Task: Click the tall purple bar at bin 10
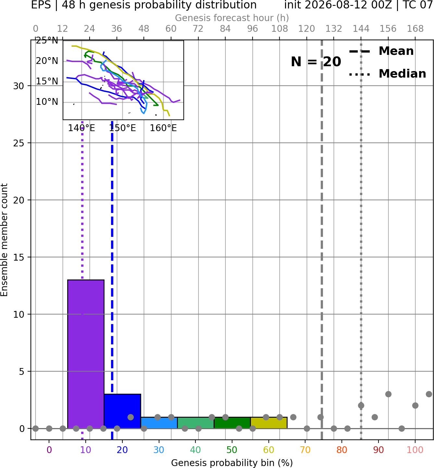point(86,354)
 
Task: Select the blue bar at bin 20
point(122,411)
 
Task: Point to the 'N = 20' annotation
point(316,62)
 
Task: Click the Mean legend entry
point(381,51)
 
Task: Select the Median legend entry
point(387,74)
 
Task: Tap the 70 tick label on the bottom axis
point(305,450)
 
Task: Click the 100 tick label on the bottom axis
point(415,450)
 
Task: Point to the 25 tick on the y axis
point(19,143)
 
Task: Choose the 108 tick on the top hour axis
point(279,29)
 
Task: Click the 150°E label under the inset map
point(122,128)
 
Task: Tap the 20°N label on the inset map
point(47,61)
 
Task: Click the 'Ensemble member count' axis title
point(4,240)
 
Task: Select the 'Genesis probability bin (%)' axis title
point(232,463)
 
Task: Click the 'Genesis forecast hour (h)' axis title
point(232,18)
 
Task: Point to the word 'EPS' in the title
point(41,5)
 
